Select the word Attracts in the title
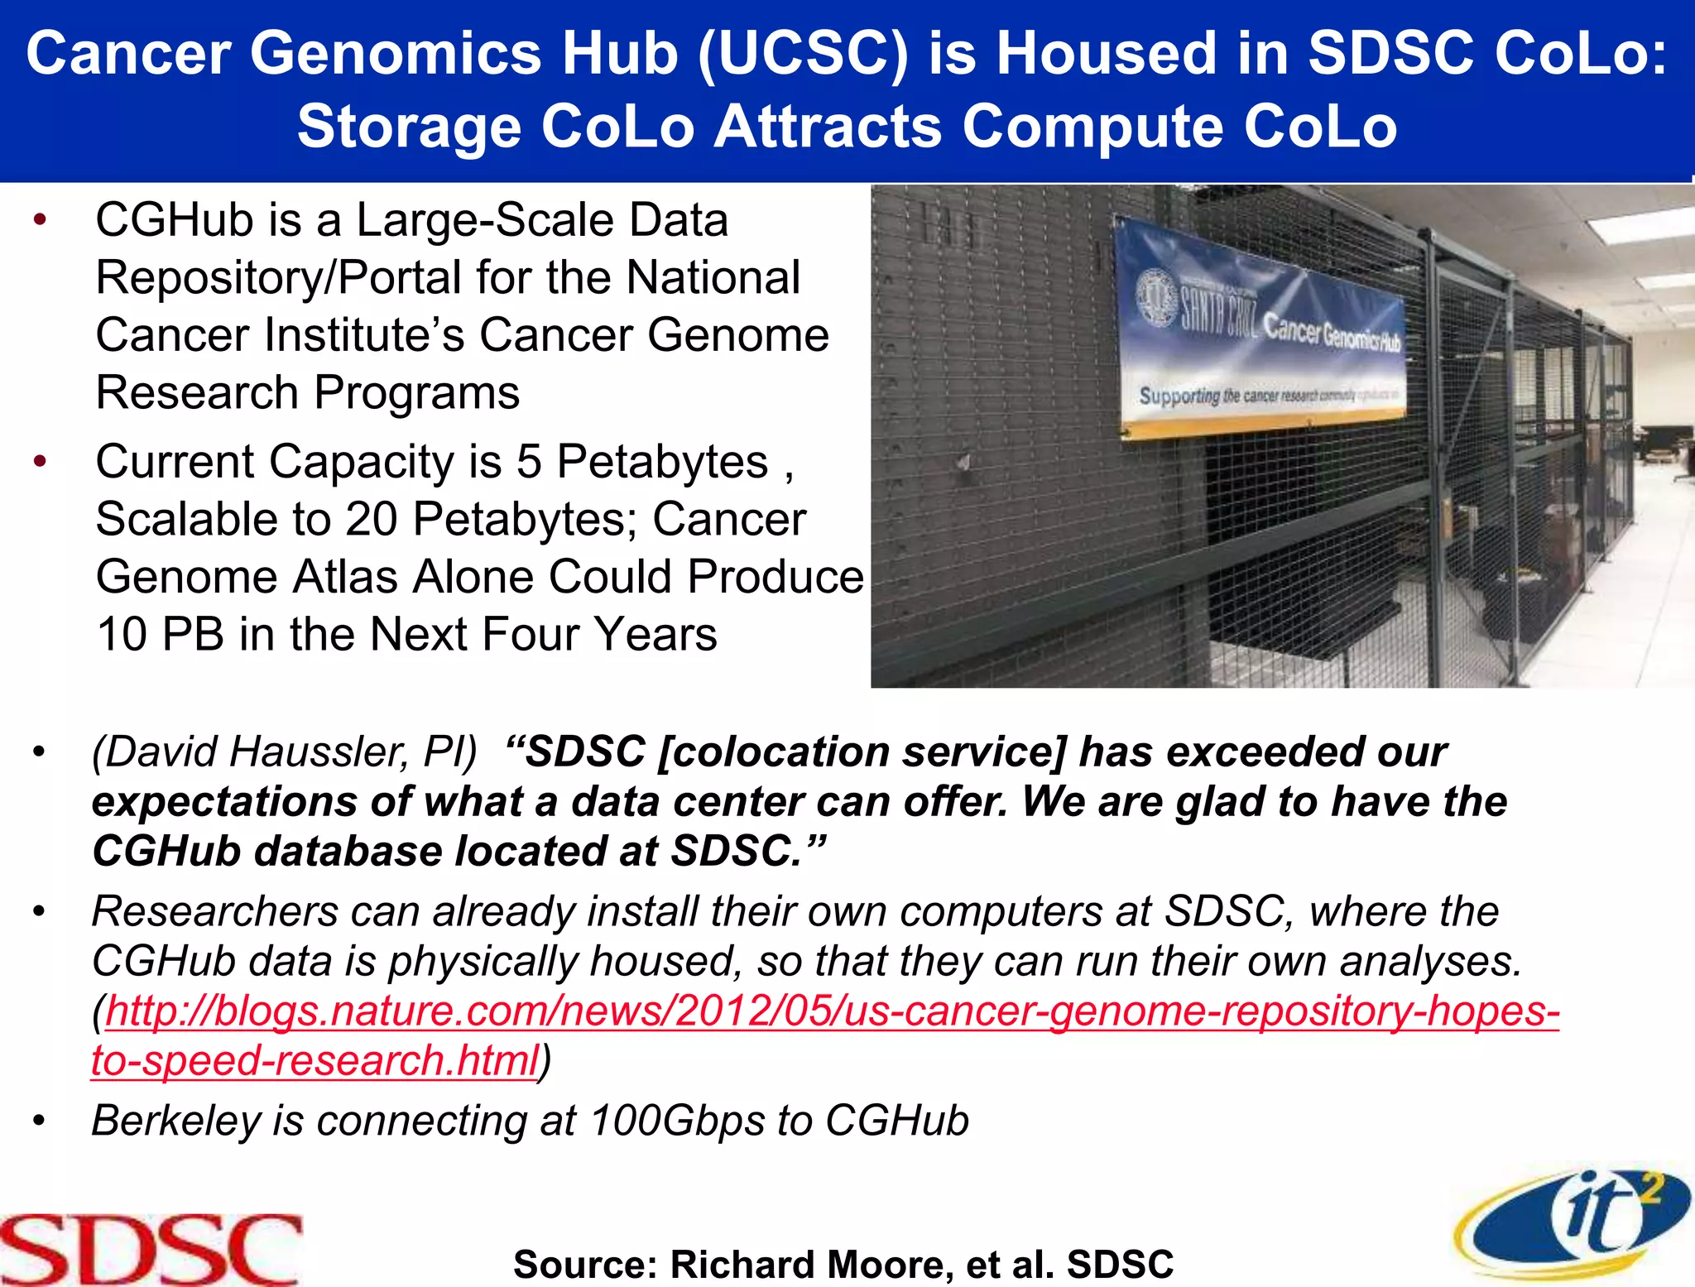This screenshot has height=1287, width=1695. [x=827, y=127]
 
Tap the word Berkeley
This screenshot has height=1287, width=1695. [x=175, y=1121]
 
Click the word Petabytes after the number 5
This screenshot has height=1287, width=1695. [x=662, y=462]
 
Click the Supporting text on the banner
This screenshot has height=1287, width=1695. [x=1179, y=395]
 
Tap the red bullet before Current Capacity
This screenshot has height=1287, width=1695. [x=40, y=461]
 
